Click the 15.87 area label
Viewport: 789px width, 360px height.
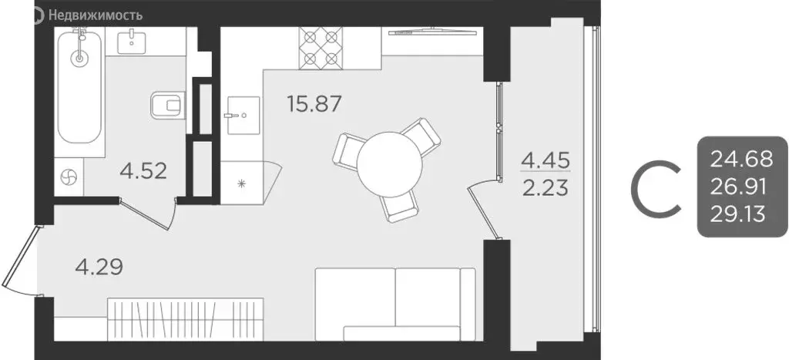point(314,103)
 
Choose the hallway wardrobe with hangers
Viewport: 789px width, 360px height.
point(186,318)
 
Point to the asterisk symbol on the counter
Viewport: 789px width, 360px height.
point(241,183)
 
